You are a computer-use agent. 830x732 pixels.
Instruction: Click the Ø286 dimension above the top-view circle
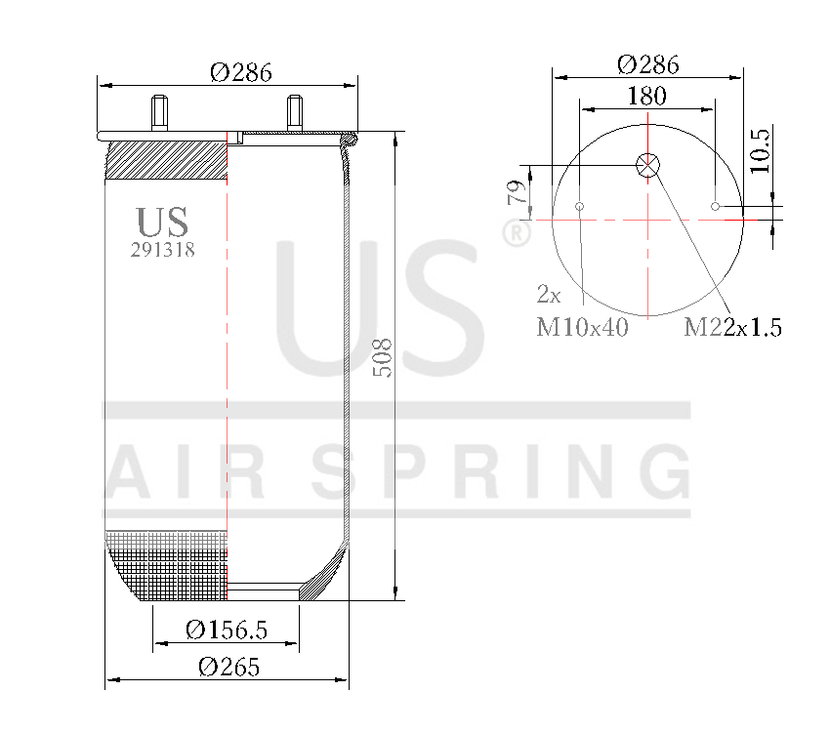click(x=648, y=64)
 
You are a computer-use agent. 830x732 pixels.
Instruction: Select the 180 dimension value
click(x=646, y=96)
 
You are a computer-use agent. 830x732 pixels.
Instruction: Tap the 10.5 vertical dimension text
click(x=761, y=150)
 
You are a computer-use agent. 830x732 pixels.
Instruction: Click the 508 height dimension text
click(x=382, y=358)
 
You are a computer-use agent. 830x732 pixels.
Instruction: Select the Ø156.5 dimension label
click(x=226, y=630)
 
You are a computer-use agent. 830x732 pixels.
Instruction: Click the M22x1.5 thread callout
click(x=732, y=327)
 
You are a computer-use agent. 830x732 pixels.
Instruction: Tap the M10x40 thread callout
click(x=582, y=327)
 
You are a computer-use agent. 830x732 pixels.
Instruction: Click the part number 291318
click(x=163, y=250)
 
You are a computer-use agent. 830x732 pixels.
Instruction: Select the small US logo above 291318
click(x=162, y=222)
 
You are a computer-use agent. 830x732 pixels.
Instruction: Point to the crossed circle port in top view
click(x=647, y=165)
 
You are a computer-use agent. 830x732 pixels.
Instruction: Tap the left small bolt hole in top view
click(x=580, y=206)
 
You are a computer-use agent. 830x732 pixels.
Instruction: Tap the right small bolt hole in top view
click(x=715, y=206)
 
